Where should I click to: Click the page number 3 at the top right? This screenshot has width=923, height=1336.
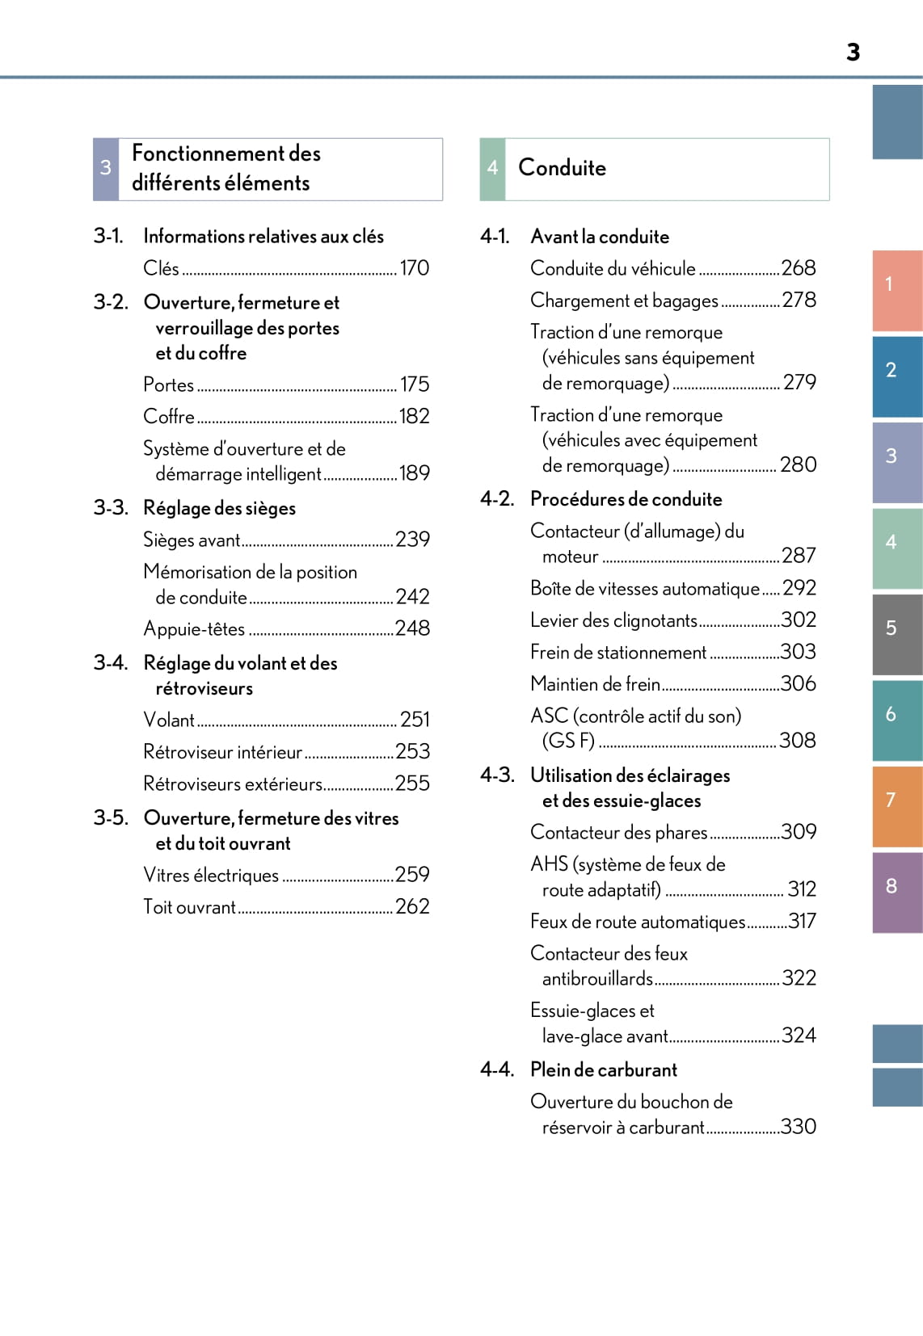[x=853, y=53]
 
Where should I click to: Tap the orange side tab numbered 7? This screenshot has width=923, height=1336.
[x=896, y=805]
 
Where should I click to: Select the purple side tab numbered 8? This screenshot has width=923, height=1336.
[x=896, y=892]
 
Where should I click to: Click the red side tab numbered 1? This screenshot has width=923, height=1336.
[x=896, y=289]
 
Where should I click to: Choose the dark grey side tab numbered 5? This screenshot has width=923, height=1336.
[x=896, y=633]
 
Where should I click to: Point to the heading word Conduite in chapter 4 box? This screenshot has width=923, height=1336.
[x=562, y=168]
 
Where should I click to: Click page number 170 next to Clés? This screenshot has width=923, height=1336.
[x=415, y=268]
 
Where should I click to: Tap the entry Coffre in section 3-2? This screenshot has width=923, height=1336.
[x=169, y=417]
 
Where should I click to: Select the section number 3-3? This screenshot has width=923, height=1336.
[x=111, y=508]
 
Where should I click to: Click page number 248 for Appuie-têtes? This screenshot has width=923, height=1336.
[x=412, y=628]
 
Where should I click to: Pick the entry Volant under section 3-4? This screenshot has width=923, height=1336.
[x=169, y=720]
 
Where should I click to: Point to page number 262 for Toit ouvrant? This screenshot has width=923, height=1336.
[x=412, y=907]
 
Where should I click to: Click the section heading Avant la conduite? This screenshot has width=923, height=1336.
[x=600, y=237]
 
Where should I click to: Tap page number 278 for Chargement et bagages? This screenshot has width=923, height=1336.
[x=799, y=300]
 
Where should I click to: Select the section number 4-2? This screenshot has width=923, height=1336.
[x=497, y=499]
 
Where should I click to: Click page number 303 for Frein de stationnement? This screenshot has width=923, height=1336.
[x=798, y=652]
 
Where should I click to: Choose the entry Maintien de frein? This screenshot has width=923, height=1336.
[x=595, y=684]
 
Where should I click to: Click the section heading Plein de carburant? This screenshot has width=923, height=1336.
[x=604, y=1070]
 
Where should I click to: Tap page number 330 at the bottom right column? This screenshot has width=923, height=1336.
[x=798, y=1127]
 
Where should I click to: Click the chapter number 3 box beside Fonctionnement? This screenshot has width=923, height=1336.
[x=106, y=169]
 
